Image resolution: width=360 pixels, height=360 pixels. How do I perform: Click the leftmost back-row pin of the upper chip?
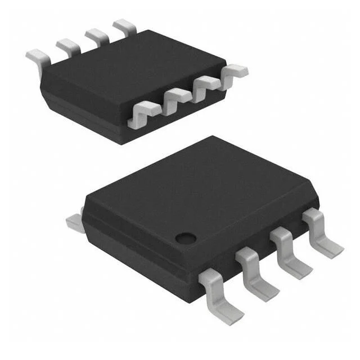[x=36, y=57]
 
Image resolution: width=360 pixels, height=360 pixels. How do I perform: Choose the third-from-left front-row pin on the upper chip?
[x=206, y=85]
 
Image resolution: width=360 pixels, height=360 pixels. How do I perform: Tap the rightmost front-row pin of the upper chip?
[x=233, y=73]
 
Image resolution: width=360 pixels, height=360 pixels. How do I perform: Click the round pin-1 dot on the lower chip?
[x=183, y=237]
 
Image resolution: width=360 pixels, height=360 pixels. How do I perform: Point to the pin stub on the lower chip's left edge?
[x=73, y=220]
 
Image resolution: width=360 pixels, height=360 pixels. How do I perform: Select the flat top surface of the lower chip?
[x=202, y=186]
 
